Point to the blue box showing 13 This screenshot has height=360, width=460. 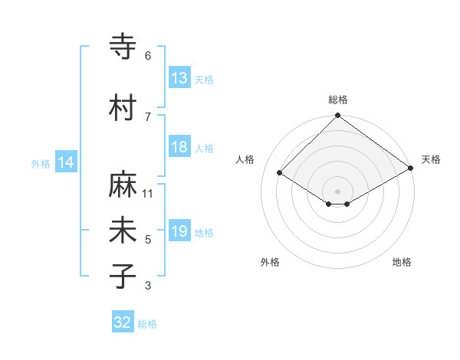[x=179, y=78]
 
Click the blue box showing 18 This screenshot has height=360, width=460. [x=179, y=147]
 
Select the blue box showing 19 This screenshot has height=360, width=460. [x=179, y=231]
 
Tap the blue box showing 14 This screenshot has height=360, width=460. [x=66, y=162]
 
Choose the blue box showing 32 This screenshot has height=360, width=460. [x=123, y=322]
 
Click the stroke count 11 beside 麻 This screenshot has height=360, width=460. [x=148, y=194]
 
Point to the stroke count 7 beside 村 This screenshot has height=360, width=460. [x=148, y=116]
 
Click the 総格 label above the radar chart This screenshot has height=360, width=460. [x=338, y=100]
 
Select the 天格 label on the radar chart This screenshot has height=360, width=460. [x=431, y=159]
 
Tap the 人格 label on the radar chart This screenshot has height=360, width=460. [x=245, y=159]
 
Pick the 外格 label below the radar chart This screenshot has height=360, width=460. [x=270, y=262]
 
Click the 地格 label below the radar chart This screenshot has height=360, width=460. [x=402, y=262]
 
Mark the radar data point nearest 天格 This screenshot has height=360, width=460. [x=411, y=168]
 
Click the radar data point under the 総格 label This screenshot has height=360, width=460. [x=338, y=116]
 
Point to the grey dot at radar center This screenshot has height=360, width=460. [x=338, y=191]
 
